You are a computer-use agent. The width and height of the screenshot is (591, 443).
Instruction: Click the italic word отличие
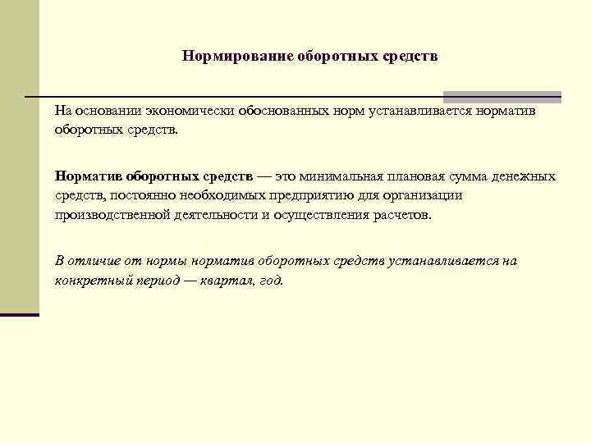tap(95, 261)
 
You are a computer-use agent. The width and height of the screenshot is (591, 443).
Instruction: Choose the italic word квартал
tap(230, 280)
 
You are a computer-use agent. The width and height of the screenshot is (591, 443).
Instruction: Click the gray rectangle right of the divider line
tap(502, 97)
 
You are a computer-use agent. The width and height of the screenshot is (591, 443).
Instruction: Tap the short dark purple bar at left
tap(20, 314)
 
